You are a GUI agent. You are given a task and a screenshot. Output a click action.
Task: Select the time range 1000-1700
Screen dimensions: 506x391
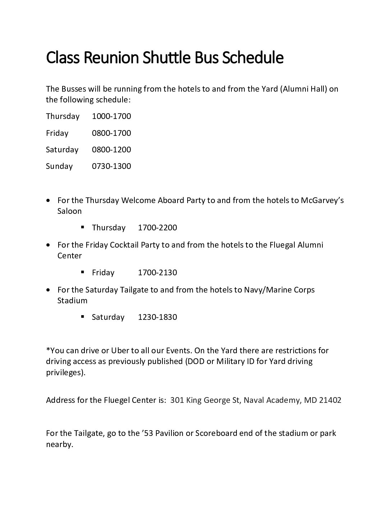point(111,116)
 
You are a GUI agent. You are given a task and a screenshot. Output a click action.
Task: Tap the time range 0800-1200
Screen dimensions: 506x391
point(111,149)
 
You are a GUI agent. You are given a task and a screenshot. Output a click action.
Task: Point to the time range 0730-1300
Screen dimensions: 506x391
point(111,166)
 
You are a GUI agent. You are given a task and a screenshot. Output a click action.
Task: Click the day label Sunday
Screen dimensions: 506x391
point(59,166)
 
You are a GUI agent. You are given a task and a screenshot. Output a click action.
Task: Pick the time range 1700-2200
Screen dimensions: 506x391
point(157,228)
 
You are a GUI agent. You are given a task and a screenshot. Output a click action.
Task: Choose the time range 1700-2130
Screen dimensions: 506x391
point(157,272)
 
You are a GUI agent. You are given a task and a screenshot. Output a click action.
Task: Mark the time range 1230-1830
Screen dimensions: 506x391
point(157,317)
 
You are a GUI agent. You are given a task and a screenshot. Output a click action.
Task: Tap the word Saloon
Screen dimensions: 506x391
point(69,211)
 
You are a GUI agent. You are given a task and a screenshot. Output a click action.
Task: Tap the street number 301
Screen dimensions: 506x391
point(177,400)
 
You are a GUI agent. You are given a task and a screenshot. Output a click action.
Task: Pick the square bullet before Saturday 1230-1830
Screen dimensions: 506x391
point(82,317)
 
